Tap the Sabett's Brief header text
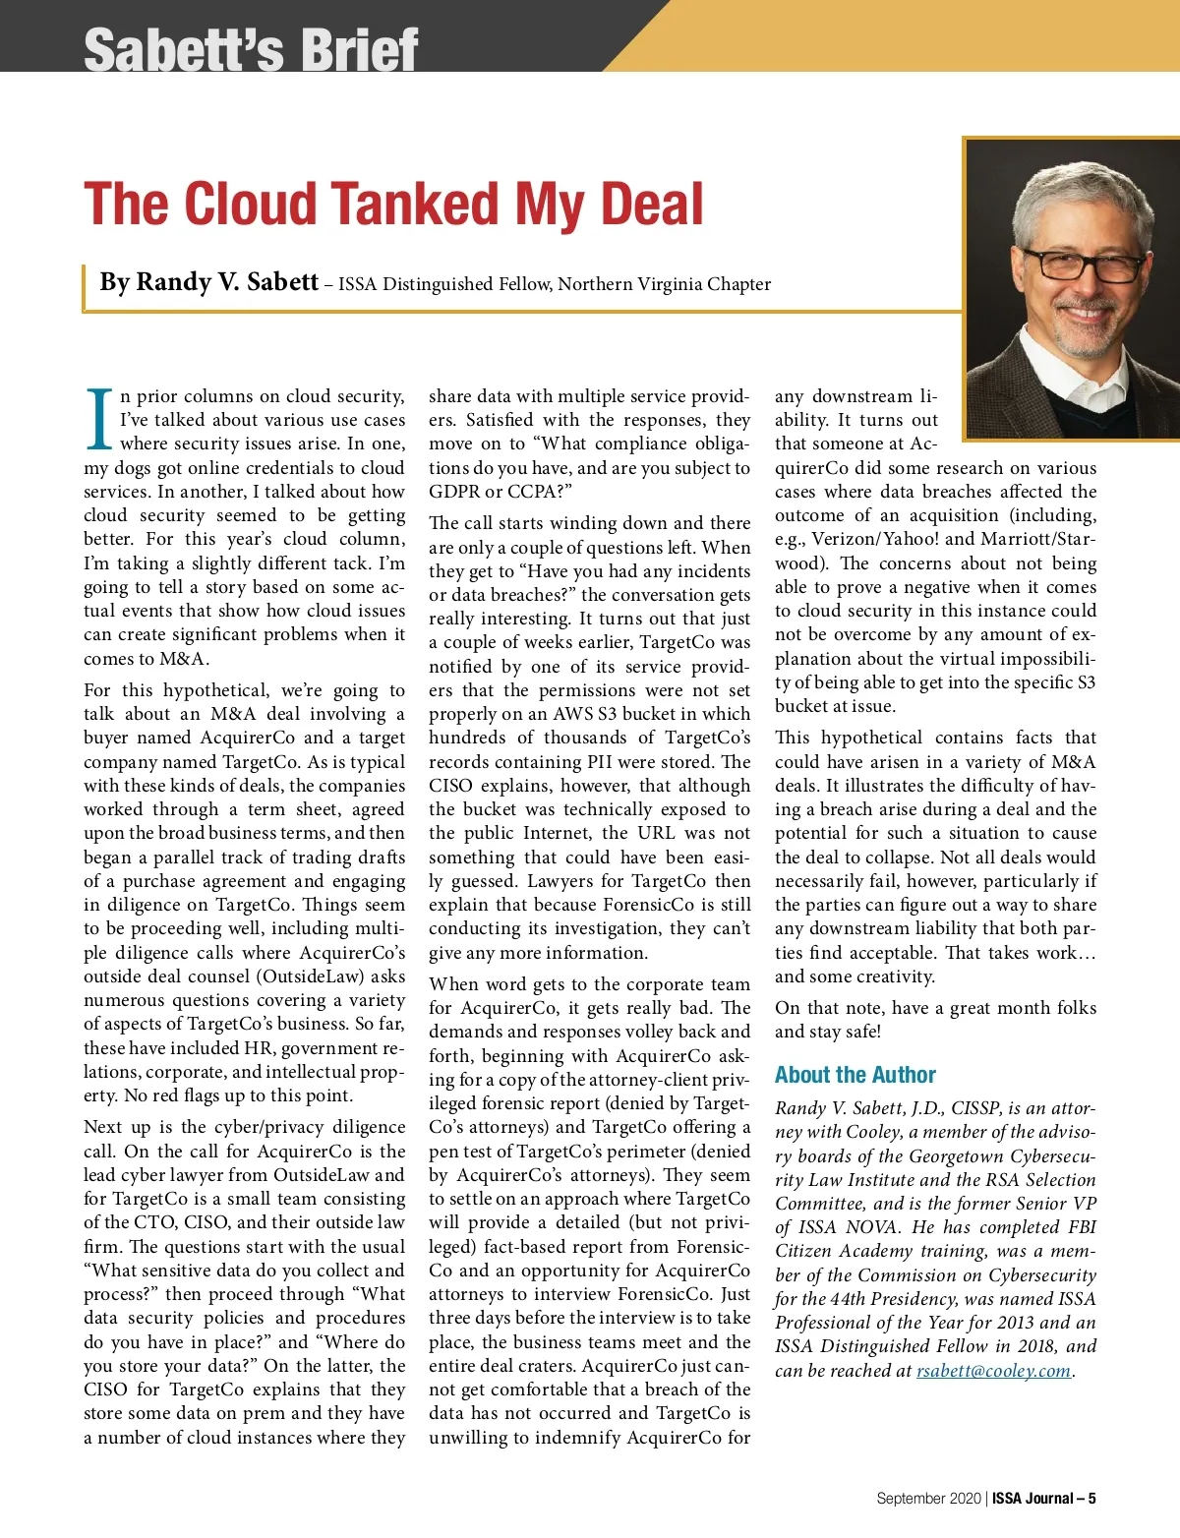click(251, 49)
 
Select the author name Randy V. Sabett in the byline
click(208, 283)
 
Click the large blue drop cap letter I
click(99, 420)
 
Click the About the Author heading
click(855, 1075)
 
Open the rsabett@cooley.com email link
click(993, 1371)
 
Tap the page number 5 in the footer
click(1091, 1499)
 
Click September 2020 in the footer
click(928, 1499)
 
